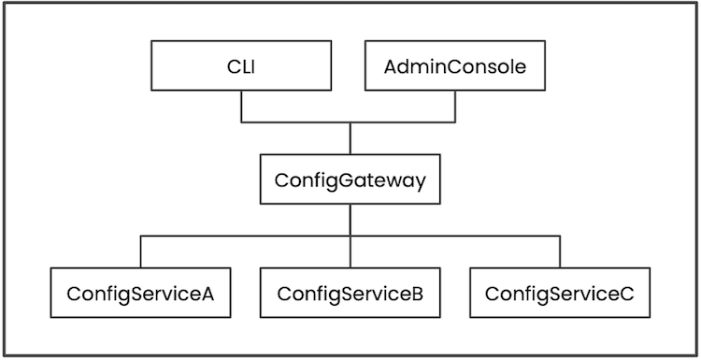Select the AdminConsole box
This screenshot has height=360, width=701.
point(455,67)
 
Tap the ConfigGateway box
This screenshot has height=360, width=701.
point(350,180)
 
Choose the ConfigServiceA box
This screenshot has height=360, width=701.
point(140,293)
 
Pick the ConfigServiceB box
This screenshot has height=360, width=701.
point(350,293)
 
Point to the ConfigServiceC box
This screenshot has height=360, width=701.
point(560,293)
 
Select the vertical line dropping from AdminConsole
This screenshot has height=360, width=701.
point(455,107)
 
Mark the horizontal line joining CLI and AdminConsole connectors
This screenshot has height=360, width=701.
point(299,122)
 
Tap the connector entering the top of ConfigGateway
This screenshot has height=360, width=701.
point(350,139)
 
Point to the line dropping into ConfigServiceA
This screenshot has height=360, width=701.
point(140,252)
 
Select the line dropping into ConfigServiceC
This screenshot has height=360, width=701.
point(560,252)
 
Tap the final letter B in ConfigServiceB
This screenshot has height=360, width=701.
point(418,294)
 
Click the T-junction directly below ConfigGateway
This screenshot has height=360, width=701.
point(350,237)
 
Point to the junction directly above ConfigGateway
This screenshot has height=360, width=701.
point(350,122)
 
